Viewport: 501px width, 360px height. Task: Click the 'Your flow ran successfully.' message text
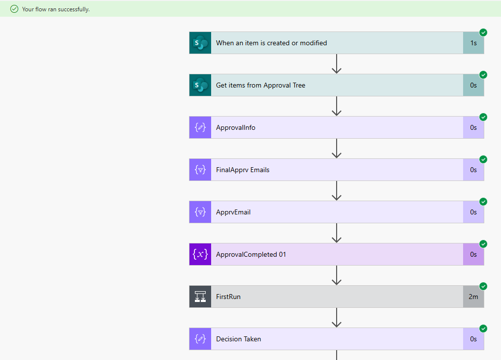click(56, 9)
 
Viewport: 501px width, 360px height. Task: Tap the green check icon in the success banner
click(14, 9)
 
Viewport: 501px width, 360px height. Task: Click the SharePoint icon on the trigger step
click(200, 43)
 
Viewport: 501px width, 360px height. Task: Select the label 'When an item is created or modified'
click(271, 43)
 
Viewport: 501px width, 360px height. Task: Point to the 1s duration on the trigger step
click(473, 43)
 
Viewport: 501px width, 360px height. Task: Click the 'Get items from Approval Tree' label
click(260, 85)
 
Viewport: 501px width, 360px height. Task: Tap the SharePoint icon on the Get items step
click(200, 85)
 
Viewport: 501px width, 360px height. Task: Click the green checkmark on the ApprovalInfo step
click(483, 117)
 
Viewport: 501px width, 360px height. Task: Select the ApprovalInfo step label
click(236, 127)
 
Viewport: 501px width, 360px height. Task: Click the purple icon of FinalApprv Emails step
click(200, 170)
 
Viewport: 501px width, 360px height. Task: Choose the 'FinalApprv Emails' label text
click(243, 170)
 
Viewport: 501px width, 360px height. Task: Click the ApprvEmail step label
click(233, 212)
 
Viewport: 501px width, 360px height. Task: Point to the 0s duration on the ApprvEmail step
click(473, 212)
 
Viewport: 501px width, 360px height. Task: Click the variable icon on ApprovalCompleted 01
click(200, 254)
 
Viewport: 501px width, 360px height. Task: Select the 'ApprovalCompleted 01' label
click(251, 254)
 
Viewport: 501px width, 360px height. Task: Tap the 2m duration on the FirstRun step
click(473, 297)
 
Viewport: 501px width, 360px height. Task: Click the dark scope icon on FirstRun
click(200, 297)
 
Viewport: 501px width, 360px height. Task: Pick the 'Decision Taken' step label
click(239, 339)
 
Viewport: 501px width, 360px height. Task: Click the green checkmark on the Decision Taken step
click(483, 329)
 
